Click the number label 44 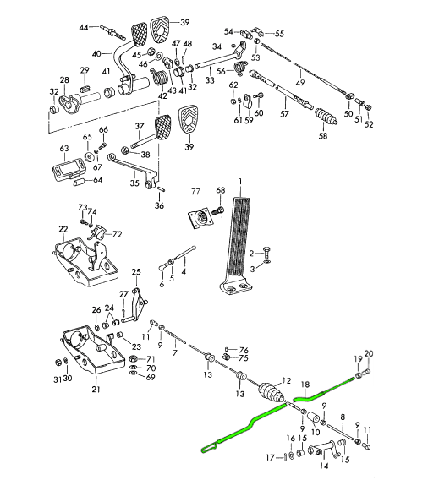click(x=84, y=28)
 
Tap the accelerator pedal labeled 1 click(x=237, y=245)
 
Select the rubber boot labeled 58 click(x=326, y=117)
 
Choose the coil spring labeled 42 click(x=159, y=77)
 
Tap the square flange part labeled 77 click(x=198, y=216)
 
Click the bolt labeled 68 click(x=219, y=211)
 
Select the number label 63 click(x=64, y=149)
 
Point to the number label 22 click(x=63, y=229)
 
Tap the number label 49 click(x=300, y=82)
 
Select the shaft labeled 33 click(x=219, y=61)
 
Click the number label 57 click(x=284, y=113)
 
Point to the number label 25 click(x=136, y=272)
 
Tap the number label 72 click(x=118, y=234)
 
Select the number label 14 click(x=324, y=466)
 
